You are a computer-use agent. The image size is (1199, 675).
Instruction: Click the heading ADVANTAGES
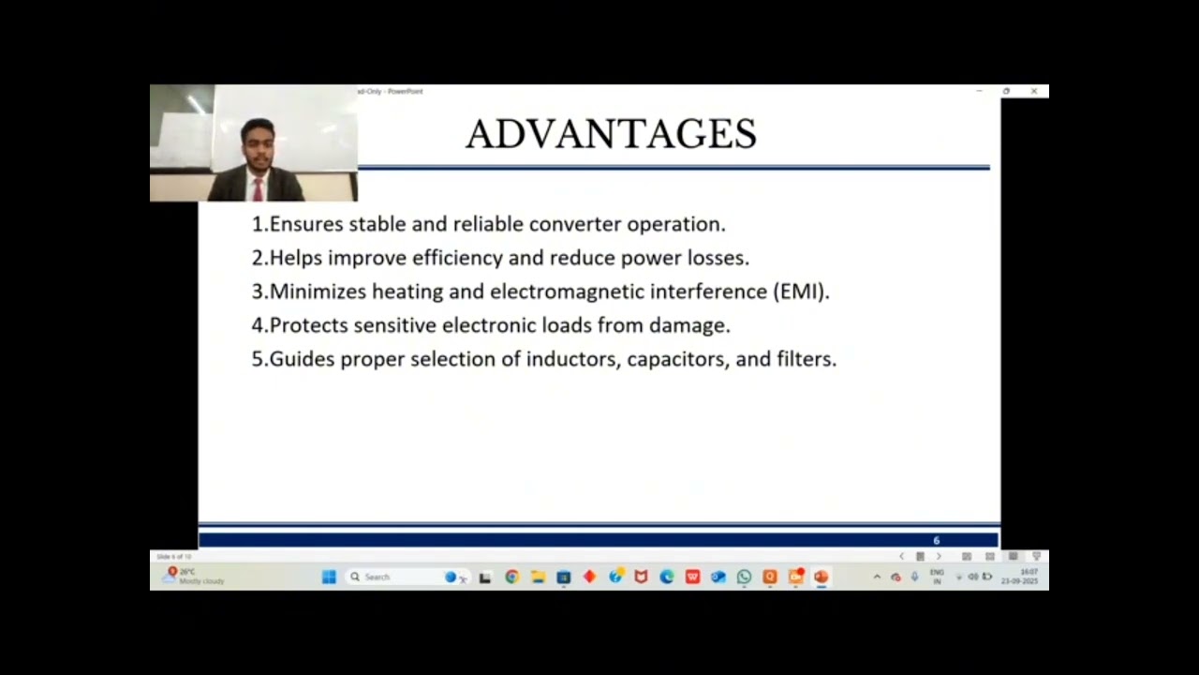[x=611, y=134]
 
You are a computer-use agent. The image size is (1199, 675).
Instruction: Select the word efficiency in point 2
[x=457, y=258]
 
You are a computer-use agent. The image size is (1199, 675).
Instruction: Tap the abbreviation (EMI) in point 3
[x=801, y=292]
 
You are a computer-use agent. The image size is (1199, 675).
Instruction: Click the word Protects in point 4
[x=308, y=325]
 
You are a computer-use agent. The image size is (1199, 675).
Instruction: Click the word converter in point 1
[x=575, y=224]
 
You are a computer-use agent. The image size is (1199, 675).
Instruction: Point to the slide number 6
[x=936, y=541]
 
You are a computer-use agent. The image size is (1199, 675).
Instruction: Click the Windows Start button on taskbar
[x=329, y=577]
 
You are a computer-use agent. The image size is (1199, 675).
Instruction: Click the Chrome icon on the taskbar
[x=511, y=577]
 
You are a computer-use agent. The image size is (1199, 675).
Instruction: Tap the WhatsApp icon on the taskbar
[x=744, y=577]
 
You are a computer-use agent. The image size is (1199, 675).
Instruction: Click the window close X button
[x=1034, y=91]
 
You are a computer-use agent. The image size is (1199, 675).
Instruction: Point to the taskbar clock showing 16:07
[x=1029, y=572]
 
